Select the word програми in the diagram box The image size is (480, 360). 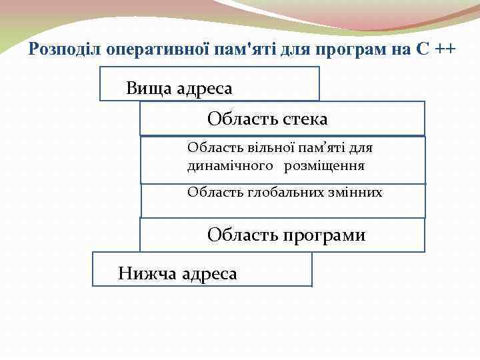(x=325, y=235)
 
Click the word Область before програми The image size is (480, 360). (x=236, y=235)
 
